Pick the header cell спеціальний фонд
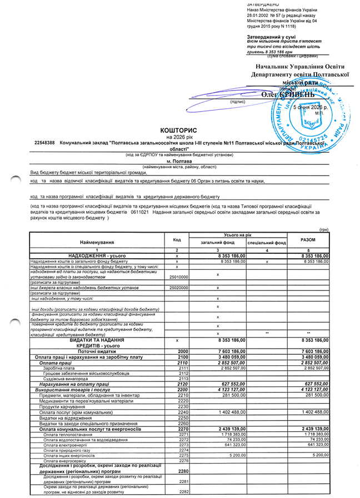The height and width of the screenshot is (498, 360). point(267,243)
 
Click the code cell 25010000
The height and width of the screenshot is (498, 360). point(178,276)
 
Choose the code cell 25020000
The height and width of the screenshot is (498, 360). point(178,287)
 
